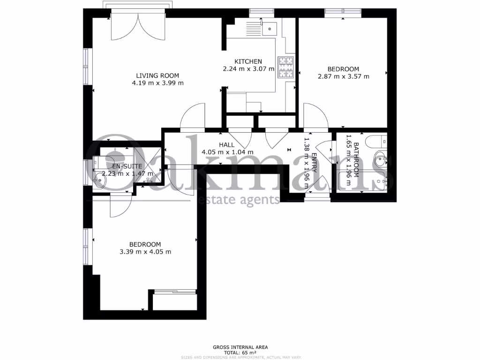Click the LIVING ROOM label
coord(157,75)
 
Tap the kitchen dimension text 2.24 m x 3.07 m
coord(248,69)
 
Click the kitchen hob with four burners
coord(286,67)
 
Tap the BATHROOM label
coord(356,159)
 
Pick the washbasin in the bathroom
coord(382,159)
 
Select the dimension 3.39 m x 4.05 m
coord(145,252)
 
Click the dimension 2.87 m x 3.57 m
coord(344,76)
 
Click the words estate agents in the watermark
coord(239,200)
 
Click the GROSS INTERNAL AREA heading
coord(240,347)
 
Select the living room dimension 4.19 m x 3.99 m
coord(157,83)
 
